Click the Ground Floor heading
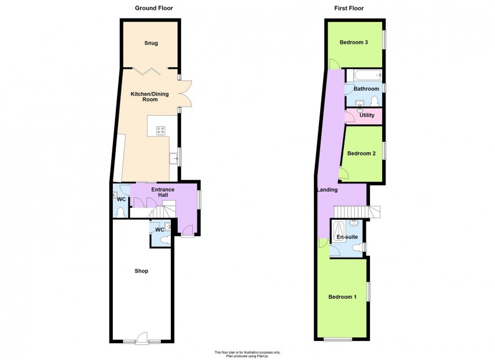[153, 8]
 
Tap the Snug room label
[151, 43]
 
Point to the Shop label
[141, 271]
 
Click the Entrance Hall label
[163, 192]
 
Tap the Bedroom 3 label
[354, 42]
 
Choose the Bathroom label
[366, 89]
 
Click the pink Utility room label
[367, 116]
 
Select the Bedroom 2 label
[362, 153]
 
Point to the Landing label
[327, 190]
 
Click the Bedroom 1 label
[342, 297]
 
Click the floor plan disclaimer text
[247, 354]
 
